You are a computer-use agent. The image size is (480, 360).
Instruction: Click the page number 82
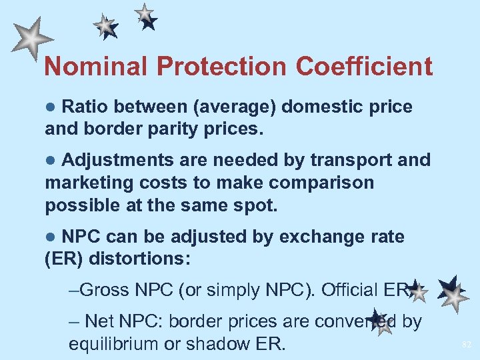click(466, 345)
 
